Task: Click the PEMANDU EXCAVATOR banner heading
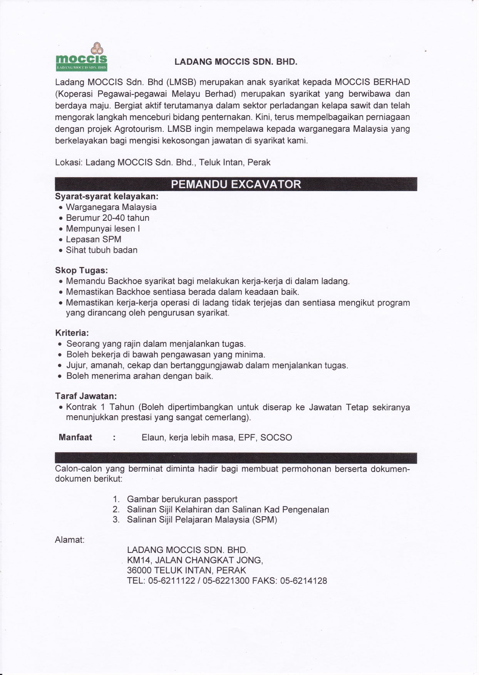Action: [x=236, y=184]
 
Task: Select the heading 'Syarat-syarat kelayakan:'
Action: [x=107, y=196]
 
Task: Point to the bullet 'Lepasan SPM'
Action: [x=94, y=239]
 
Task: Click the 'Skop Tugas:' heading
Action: [x=81, y=270]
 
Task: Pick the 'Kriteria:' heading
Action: [x=72, y=332]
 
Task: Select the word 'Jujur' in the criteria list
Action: [x=76, y=365]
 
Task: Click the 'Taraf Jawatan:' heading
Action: [x=86, y=396]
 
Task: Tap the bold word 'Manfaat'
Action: [x=75, y=437]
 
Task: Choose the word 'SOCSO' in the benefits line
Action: [x=276, y=438]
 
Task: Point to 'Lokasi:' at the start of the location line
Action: [x=69, y=163]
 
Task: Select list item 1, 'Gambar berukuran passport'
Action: [x=182, y=499]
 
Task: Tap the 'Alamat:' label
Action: [x=70, y=540]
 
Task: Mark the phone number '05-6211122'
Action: [x=171, y=581]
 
